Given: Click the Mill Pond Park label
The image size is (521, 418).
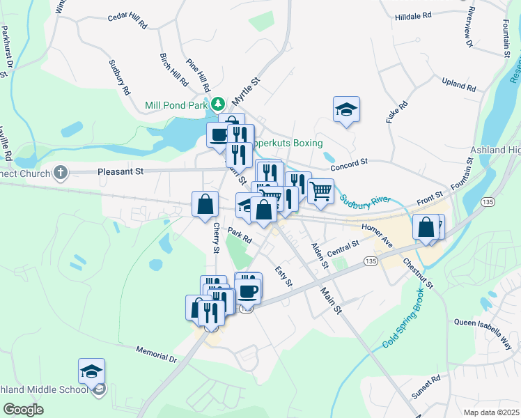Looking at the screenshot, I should [177, 105].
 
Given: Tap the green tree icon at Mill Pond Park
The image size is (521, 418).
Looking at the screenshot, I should [218, 104].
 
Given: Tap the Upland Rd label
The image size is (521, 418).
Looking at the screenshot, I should [458, 86].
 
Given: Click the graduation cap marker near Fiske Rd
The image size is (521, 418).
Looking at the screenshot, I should [346, 109].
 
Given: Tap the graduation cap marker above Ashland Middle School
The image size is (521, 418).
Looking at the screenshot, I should [91, 371].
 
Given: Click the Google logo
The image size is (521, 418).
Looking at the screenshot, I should [23, 410].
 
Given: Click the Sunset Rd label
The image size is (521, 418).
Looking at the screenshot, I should [426, 388].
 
